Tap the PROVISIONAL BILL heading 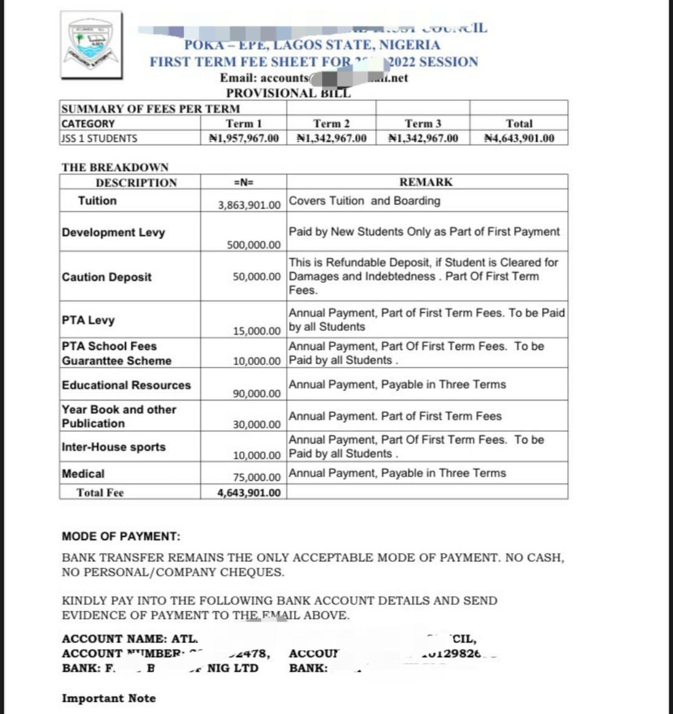click(x=288, y=93)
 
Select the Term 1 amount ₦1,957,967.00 click(x=243, y=138)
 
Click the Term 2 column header click(x=332, y=124)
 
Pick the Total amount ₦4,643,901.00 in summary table click(x=519, y=138)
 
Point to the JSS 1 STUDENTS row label click(x=100, y=138)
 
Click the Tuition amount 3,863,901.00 click(x=249, y=204)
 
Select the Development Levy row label click(x=113, y=232)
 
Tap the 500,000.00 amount click(x=254, y=245)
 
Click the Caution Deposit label click(x=107, y=277)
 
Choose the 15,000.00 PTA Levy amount click(x=257, y=331)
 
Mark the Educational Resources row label click(x=126, y=385)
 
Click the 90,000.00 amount click(x=257, y=394)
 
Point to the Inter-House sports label click(x=113, y=447)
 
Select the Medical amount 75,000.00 click(x=257, y=478)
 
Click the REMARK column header click(x=426, y=183)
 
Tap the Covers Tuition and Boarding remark click(x=365, y=201)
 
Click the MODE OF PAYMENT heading click(x=121, y=536)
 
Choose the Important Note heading click(x=108, y=698)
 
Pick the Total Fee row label click(x=100, y=493)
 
